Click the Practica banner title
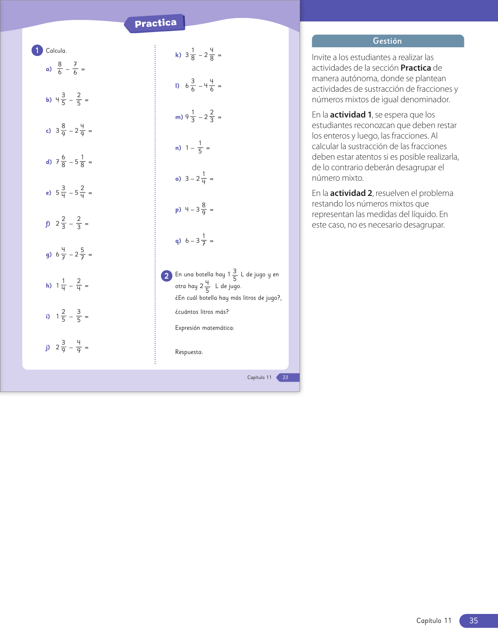coord(155,23)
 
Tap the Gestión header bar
coord(387,41)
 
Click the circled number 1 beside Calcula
coord(37,50)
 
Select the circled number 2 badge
coord(166,276)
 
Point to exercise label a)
coord(49,69)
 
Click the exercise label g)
coord(49,255)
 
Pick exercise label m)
coord(179,117)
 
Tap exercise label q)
coord(178,241)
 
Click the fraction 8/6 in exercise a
coord(60,68)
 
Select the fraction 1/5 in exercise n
coord(200,148)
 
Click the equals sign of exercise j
coord(87,348)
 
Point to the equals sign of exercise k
coord(220,55)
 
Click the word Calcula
coord(56,51)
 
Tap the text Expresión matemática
coord(205,328)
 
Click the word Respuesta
coord(189,352)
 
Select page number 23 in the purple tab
coord(286,377)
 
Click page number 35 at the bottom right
coord(473,621)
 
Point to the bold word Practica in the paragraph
coord(416,68)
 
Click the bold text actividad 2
coord(351,193)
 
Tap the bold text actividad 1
coord(350,115)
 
